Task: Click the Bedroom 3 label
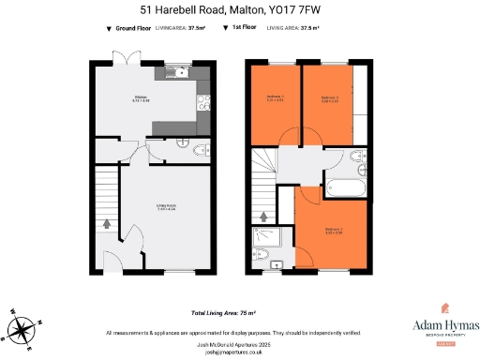pos(277,97)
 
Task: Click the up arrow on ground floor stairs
pos(106,223)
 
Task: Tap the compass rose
pos(23,328)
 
